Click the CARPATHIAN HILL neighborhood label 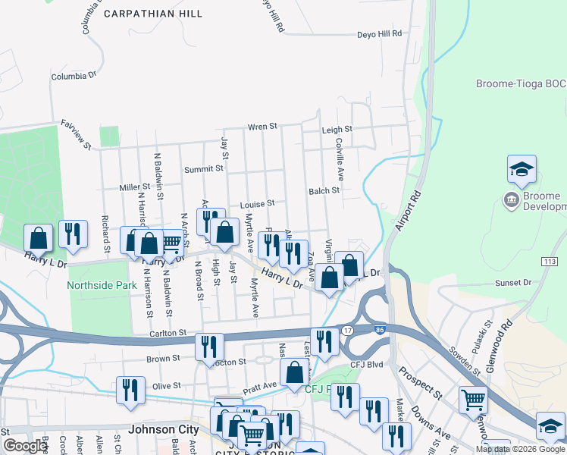click(152, 14)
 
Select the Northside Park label click(101, 286)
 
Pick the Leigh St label click(337, 130)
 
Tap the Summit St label click(208, 168)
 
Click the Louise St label click(256, 204)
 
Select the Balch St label click(324, 191)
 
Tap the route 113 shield click(551, 261)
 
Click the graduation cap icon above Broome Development click(522, 170)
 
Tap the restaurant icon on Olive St click(130, 390)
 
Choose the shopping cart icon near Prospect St click(473, 398)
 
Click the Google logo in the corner click(25, 446)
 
